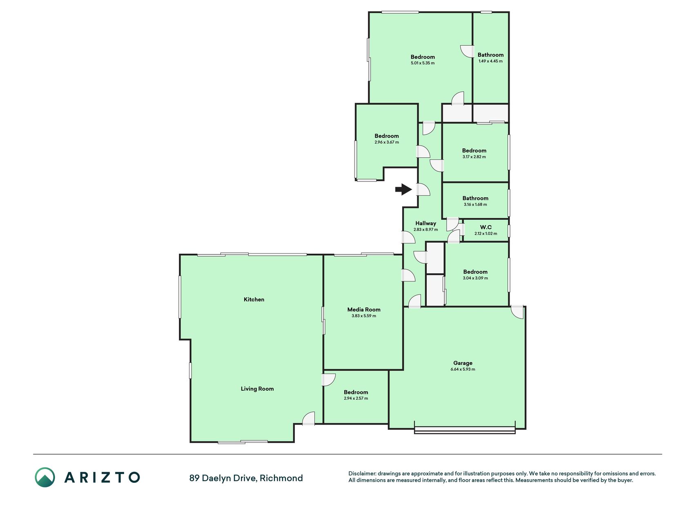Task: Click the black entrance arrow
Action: point(403,189)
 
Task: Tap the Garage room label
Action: point(463,363)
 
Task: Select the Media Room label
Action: point(364,310)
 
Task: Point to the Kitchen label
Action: point(254,299)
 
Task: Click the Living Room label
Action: point(257,389)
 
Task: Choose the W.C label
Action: point(486,227)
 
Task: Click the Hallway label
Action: point(425,223)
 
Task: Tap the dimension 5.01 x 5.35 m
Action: point(423,63)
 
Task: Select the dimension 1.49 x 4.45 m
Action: point(490,61)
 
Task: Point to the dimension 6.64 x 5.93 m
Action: point(463,369)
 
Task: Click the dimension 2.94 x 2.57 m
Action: point(356,398)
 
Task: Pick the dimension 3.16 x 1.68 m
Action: point(475,205)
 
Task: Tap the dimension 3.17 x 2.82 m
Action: point(474,157)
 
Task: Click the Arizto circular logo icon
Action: point(45,478)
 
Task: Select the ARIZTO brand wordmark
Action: point(102,478)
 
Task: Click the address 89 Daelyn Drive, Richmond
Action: point(246,478)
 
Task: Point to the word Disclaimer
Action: point(362,473)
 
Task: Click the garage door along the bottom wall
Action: point(465,430)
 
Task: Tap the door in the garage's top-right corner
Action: point(517,312)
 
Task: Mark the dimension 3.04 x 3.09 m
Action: point(475,278)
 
